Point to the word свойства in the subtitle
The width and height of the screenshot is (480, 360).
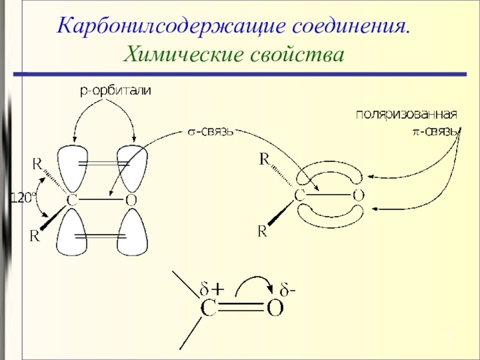pyautogui.click(x=296, y=55)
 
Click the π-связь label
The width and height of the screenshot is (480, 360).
pyautogui.click(x=431, y=130)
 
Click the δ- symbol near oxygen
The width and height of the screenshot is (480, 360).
pyautogui.click(x=290, y=290)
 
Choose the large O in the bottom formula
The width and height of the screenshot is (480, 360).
pyautogui.click(x=275, y=308)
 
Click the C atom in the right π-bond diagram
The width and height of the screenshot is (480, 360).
pyautogui.click(x=300, y=194)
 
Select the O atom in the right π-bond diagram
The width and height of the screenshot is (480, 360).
pyautogui.click(x=358, y=194)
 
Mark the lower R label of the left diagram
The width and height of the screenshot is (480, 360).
pyautogui.click(x=35, y=236)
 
